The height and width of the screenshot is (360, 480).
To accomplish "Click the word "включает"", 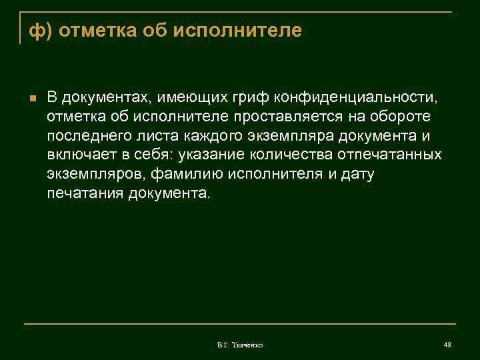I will pos(75,155).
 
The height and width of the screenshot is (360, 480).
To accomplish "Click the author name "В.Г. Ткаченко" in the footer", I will pos(240,345).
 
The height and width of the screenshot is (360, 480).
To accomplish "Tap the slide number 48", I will pos(447,344).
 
